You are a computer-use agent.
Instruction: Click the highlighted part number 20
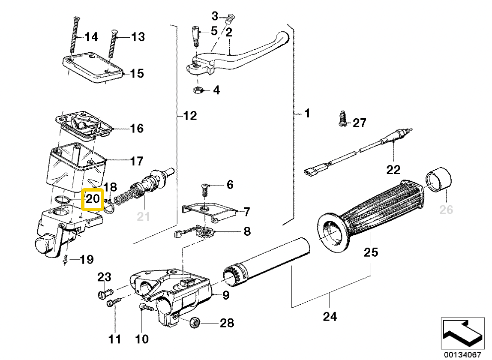click(x=93, y=199)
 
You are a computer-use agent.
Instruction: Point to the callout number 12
click(x=189, y=115)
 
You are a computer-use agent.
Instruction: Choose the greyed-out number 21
click(x=143, y=217)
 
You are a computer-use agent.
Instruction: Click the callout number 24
click(x=330, y=317)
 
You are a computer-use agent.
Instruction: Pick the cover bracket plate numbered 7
click(x=208, y=211)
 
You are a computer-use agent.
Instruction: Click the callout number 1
click(x=307, y=114)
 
